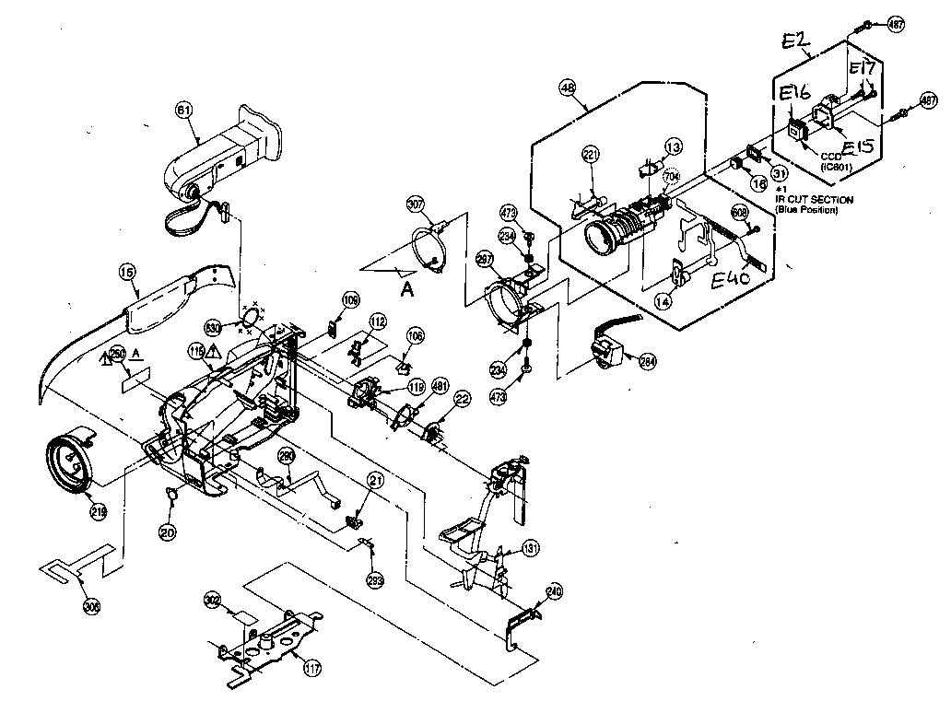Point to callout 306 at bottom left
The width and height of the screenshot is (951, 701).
click(x=91, y=605)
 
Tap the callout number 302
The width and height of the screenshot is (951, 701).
click(x=212, y=600)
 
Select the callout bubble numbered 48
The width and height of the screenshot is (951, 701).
click(x=568, y=88)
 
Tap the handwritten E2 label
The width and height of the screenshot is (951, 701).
click(x=795, y=43)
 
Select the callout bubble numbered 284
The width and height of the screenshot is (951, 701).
click(x=647, y=362)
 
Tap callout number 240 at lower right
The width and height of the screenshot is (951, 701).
click(x=554, y=591)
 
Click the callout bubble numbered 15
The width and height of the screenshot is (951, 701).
click(x=128, y=272)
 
